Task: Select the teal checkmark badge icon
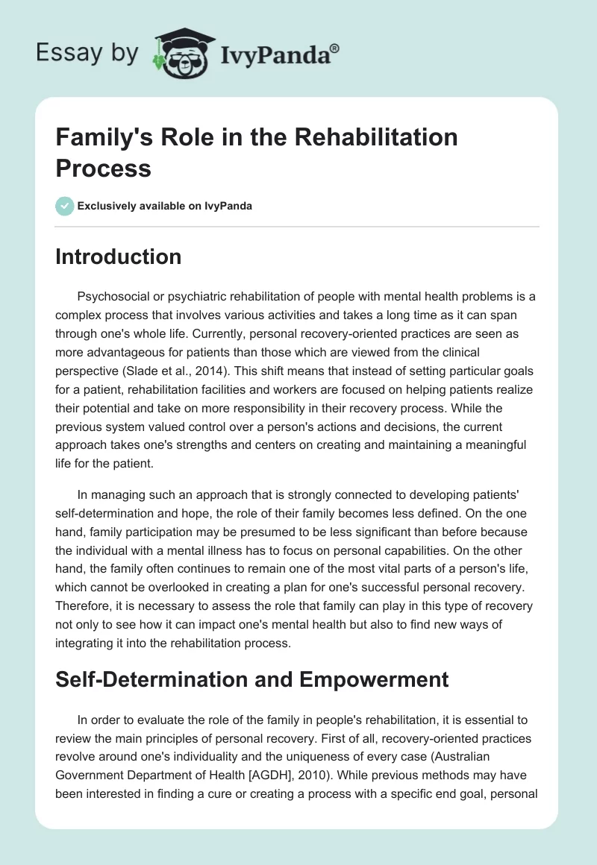coord(65,206)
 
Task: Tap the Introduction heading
coord(118,257)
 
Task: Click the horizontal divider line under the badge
coord(298,227)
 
